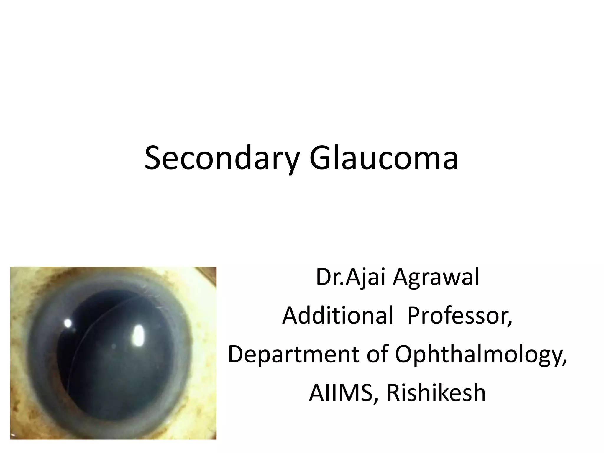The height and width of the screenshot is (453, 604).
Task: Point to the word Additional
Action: coord(338,315)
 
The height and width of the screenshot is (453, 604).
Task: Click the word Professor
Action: coord(459,315)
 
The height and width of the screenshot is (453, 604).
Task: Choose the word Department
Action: coord(293,354)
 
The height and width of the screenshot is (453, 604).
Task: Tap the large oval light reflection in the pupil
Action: coord(138,336)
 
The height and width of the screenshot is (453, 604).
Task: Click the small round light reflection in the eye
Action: coord(68,324)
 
